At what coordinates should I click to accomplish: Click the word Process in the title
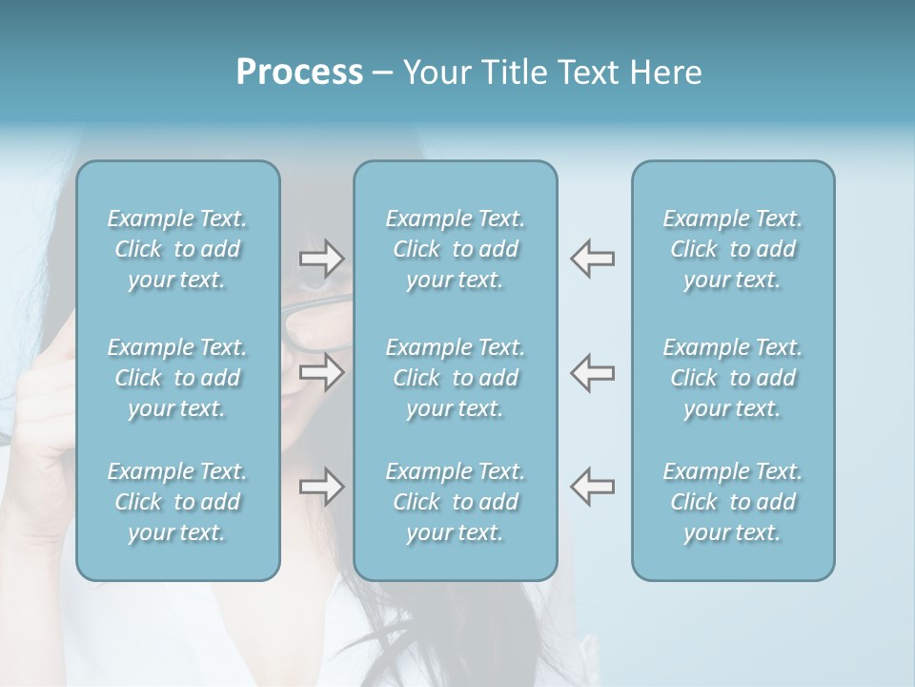(x=299, y=73)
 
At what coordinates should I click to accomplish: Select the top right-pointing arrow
(x=321, y=259)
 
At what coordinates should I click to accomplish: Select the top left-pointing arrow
(x=593, y=259)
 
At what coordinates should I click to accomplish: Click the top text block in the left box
(x=177, y=249)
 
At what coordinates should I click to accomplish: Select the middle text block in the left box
(x=177, y=378)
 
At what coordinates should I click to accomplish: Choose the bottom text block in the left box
(x=177, y=502)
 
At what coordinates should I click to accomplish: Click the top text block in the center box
(x=456, y=249)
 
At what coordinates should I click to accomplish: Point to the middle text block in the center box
(x=456, y=378)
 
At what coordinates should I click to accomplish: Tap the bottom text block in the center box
(x=456, y=502)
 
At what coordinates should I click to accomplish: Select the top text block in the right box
(x=733, y=249)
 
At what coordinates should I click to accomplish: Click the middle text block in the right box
(x=733, y=378)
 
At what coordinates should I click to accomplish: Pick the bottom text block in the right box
(x=733, y=502)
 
